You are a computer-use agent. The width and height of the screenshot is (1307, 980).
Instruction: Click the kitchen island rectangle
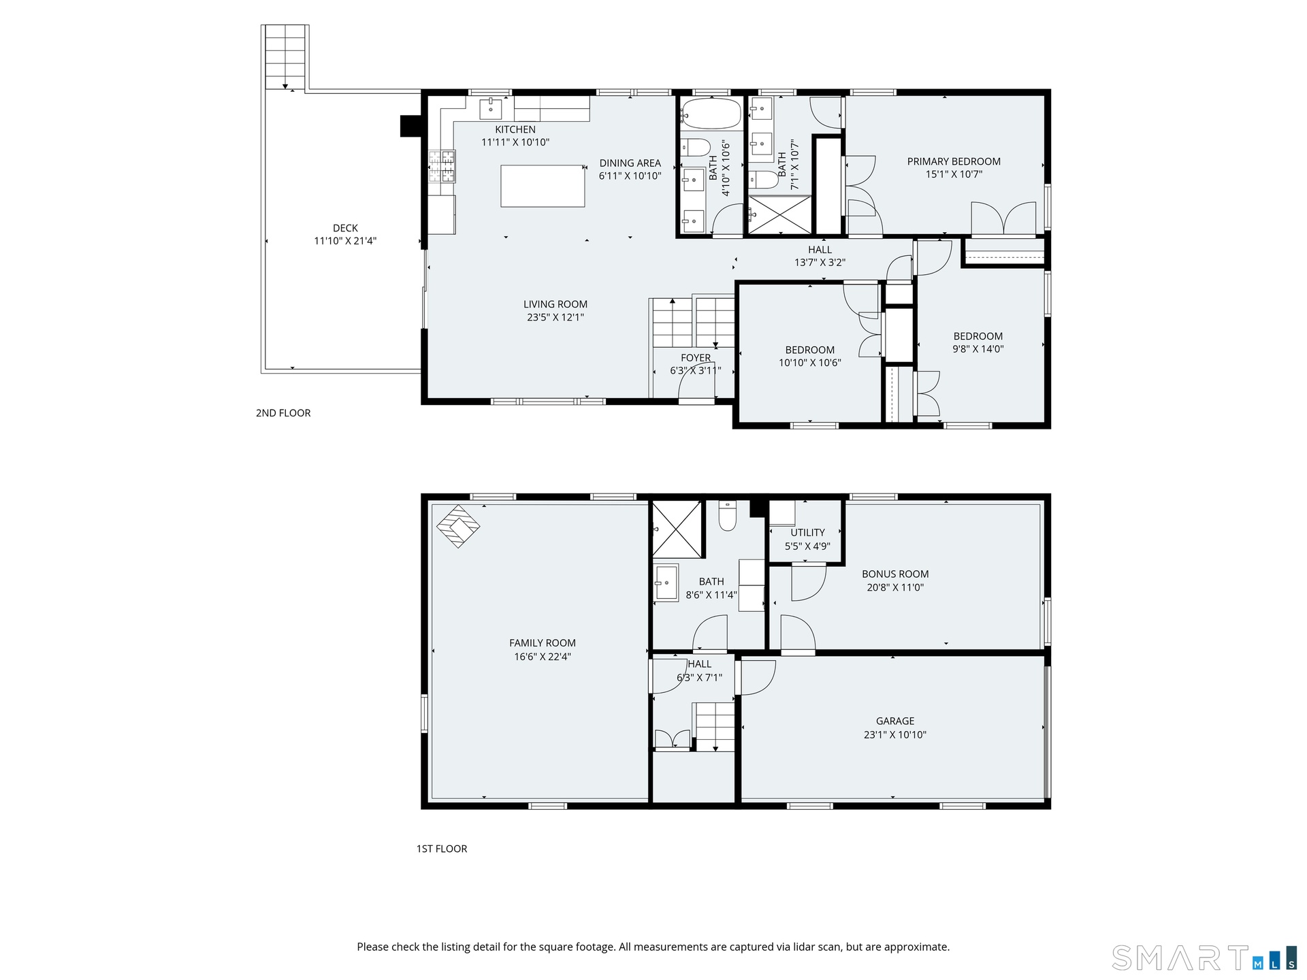(x=543, y=185)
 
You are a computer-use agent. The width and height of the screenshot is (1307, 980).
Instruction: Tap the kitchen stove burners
(x=442, y=167)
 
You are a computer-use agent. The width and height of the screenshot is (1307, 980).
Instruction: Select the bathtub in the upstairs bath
(x=711, y=113)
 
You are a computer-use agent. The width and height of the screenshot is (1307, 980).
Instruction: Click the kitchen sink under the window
(x=490, y=109)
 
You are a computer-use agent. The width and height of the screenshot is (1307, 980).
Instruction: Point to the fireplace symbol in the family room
(x=458, y=526)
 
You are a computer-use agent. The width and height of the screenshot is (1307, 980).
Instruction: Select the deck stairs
(x=285, y=57)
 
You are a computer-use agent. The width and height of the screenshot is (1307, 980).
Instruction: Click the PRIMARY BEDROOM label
(x=954, y=161)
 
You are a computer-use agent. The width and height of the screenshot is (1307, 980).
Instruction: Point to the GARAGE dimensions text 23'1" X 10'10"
(x=895, y=734)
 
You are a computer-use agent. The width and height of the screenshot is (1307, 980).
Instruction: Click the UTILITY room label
(x=807, y=532)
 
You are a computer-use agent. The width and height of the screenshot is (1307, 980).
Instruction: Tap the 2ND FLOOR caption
(x=283, y=412)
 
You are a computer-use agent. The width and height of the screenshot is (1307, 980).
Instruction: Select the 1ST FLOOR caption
(x=442, y=849)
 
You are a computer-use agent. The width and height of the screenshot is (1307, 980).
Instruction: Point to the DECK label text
(x=345, y=228)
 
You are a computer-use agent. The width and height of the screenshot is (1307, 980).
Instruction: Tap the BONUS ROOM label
(x=895, y=574)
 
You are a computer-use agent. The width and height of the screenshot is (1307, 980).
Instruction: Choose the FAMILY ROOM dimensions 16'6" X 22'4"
(x=543, y=657)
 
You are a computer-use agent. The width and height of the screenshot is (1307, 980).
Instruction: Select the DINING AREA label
(x=630, y=163)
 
